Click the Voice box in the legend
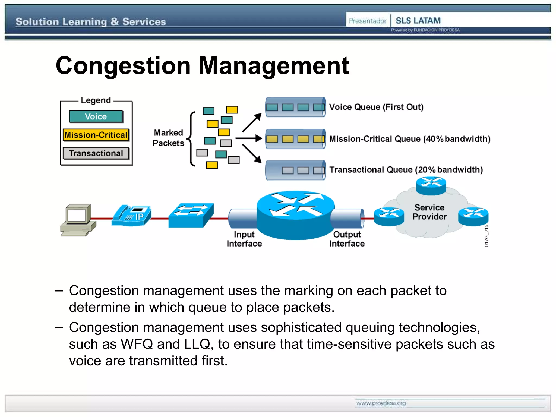pos(96,116)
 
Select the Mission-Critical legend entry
pos(96,135)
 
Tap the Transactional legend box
pos(96,153)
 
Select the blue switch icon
pos(191,215)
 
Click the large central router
pos(296,214)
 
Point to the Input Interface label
pos(244,239)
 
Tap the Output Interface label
pos(347,239)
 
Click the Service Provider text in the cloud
pos(429,212)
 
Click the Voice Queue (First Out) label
pos(376,107)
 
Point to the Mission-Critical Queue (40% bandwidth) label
pos(410,139)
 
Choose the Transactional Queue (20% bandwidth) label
pos(406,170)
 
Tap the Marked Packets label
pos(168,138)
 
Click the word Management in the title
pos(274,66)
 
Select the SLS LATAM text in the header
pos(418,21)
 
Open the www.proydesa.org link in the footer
pos(381,403)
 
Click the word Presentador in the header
pos(367,21)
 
